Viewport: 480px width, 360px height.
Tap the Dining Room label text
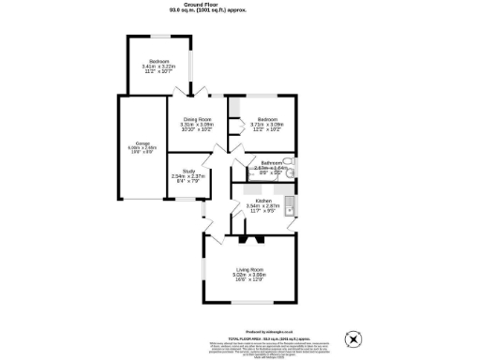pos(197,120)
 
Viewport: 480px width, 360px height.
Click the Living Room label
pos(250,269)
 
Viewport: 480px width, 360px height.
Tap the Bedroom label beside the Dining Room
pos(267,120)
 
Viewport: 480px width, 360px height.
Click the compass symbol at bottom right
pos(354,337)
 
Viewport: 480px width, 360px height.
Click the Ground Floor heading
pos(240,5)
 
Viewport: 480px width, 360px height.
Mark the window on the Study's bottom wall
pos(187,198)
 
